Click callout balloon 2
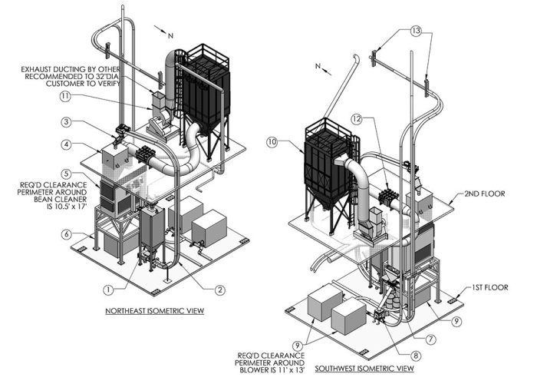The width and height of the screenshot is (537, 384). tap(219, 289)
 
